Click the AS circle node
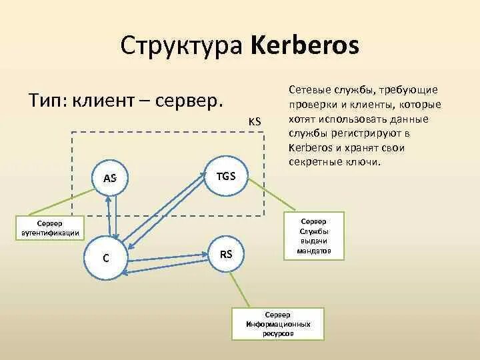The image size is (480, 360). (x=111, y=178)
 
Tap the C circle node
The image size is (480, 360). (x=106, y=258)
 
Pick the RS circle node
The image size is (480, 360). (x=226, y=254)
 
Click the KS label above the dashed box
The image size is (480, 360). (x=254, y=121)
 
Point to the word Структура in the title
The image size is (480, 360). (x=183, y=47)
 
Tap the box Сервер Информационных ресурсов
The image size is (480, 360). (x=277, y=323)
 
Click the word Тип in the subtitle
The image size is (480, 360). (x=46, y=101)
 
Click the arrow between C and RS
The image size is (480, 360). (x=167, y=259)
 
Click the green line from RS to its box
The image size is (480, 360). (x=243, y=289)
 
